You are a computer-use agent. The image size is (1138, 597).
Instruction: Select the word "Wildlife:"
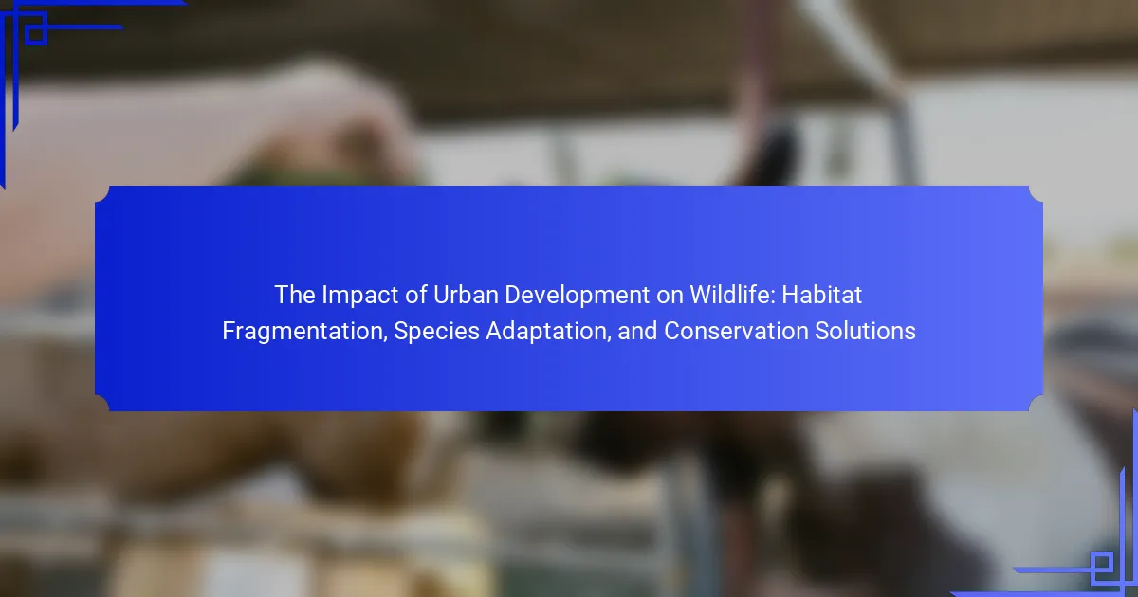[707, 296]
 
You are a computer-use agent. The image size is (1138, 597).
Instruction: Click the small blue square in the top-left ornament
[35, 33]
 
